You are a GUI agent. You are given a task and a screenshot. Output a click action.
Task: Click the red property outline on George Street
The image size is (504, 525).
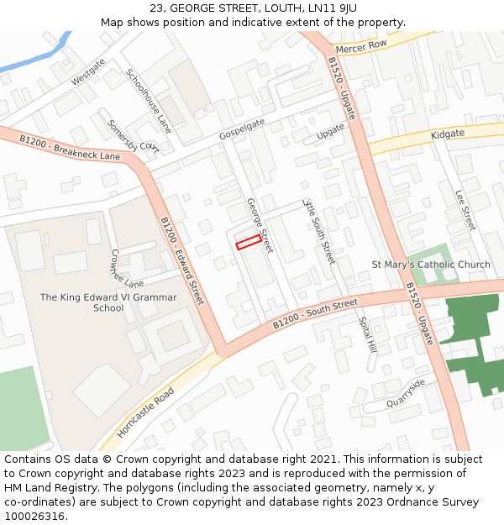pyautogui.click(x=247, y=243)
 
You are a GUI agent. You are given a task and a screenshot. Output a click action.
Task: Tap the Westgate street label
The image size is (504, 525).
pyautogui.click(x=88, y=71)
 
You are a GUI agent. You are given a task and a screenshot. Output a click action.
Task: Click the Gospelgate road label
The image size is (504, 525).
pyautogui.click(x=242, y=129)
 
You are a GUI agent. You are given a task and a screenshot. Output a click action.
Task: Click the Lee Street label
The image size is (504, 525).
pyautogui.click(x=465, y=210)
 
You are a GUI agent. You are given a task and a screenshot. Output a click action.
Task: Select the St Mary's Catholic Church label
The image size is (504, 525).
pyautogui.click(x=431, y=265)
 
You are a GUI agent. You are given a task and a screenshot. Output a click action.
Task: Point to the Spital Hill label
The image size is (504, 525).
pyautogui.click(x=367, y=334)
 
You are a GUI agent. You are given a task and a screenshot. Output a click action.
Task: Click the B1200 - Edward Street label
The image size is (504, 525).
pyautogui.click(x=182, y=261)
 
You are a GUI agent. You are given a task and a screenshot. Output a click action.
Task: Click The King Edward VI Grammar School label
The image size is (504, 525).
pyautogui.click(x=108, y=302)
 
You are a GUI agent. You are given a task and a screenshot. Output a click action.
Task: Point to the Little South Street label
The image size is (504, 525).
pyautogui.click(x=319, y=231)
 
